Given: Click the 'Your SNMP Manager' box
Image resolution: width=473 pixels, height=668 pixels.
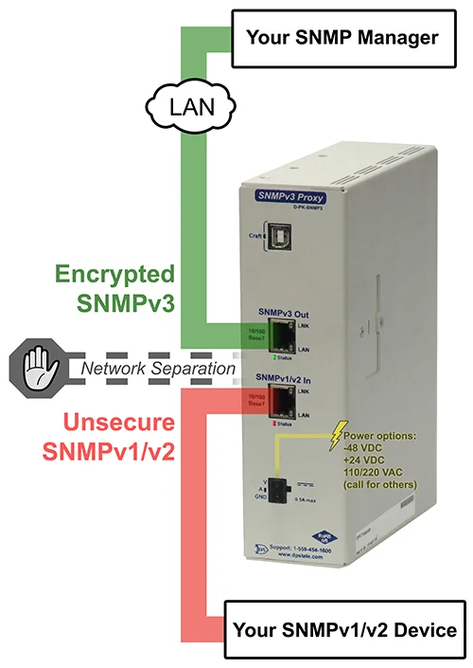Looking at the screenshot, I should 342,39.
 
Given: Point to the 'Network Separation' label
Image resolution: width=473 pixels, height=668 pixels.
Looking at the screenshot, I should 155,368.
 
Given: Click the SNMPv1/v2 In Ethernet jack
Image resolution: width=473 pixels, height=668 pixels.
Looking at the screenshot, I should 281,403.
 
